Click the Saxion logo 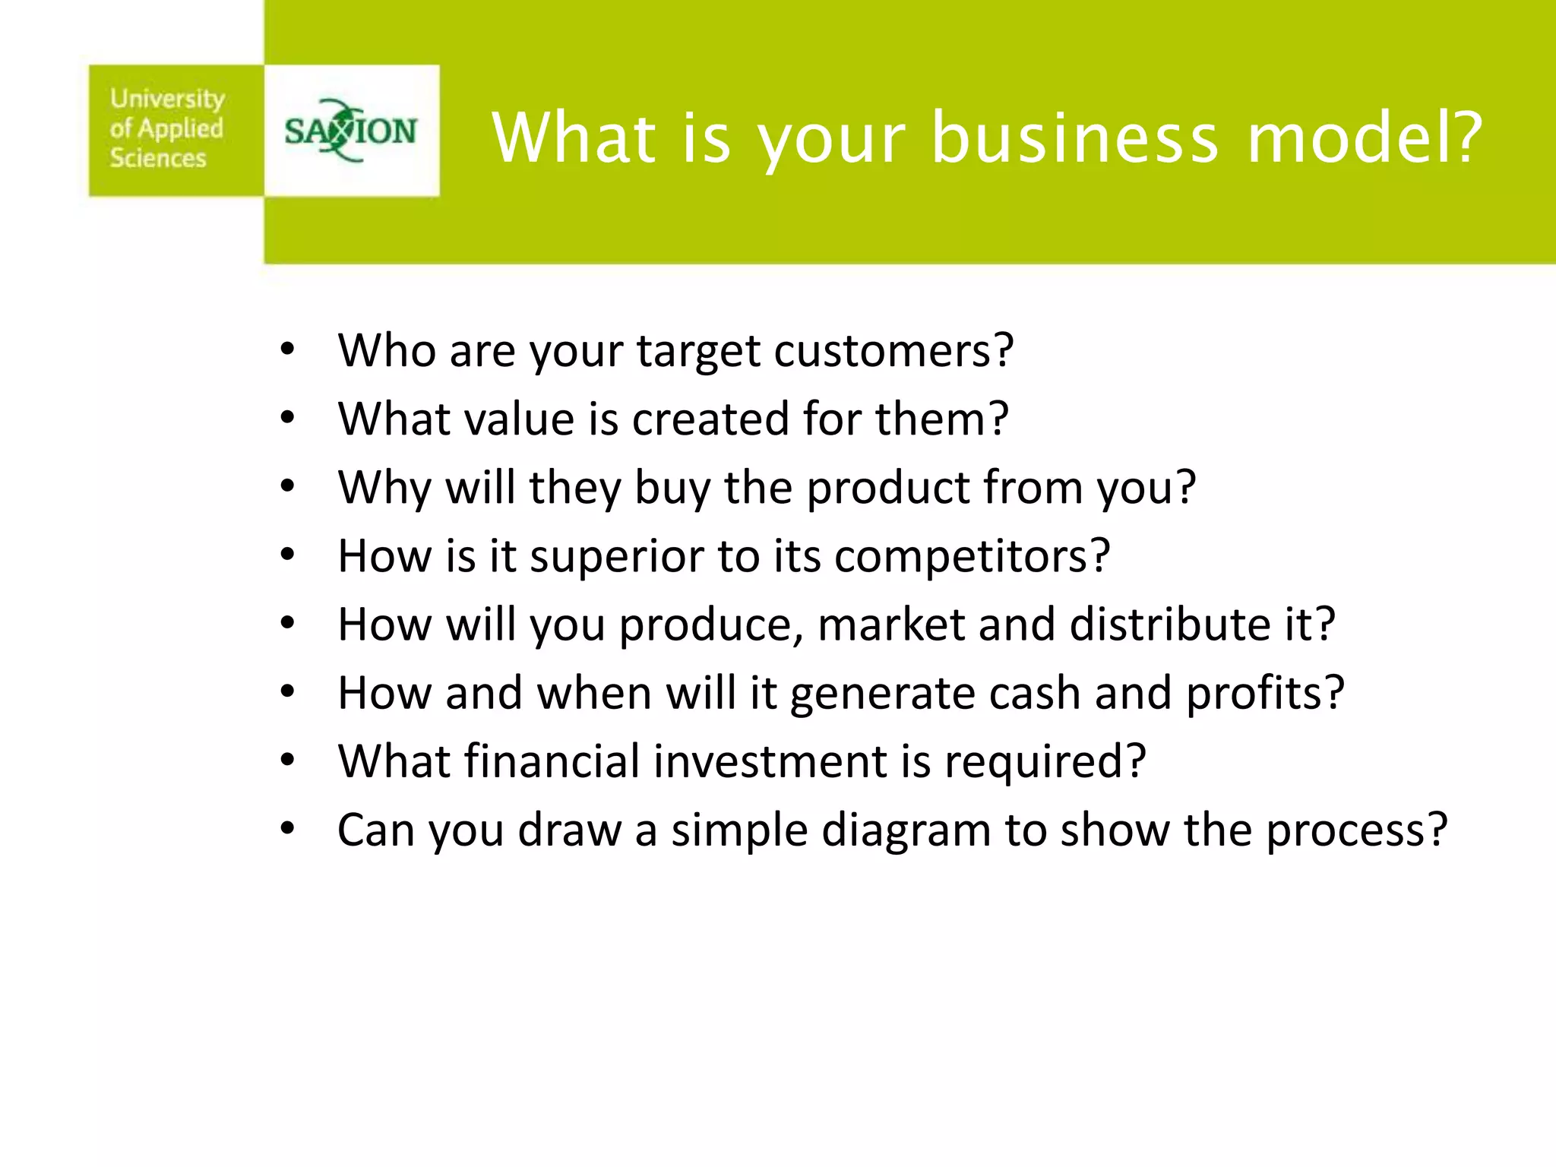(350, 131)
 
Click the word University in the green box (167, 99)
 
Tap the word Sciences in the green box (158, 158)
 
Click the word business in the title (1074, 138)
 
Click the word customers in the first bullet (885, 351)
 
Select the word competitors (963, 557)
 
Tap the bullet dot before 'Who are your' (287, 350)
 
